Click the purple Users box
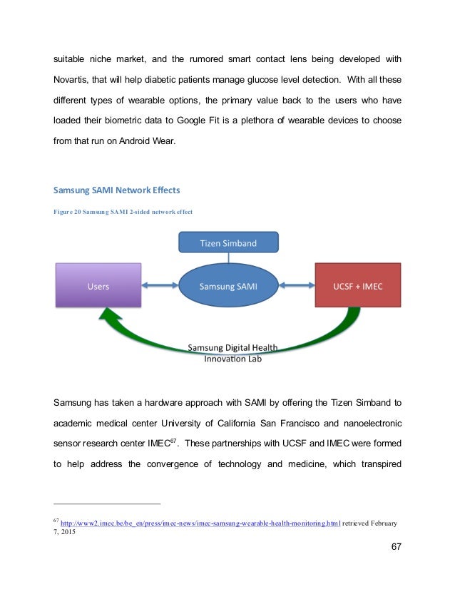(98, 286)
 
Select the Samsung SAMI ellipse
(228, 286)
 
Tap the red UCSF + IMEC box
(357, 286)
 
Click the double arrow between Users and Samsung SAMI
(161, 286)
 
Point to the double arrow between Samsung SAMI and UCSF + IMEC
(296, 286)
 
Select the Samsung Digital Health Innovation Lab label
(232, 353)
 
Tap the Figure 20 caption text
(123, 212)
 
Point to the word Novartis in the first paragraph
(76, 77)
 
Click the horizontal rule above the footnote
(107, 504)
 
